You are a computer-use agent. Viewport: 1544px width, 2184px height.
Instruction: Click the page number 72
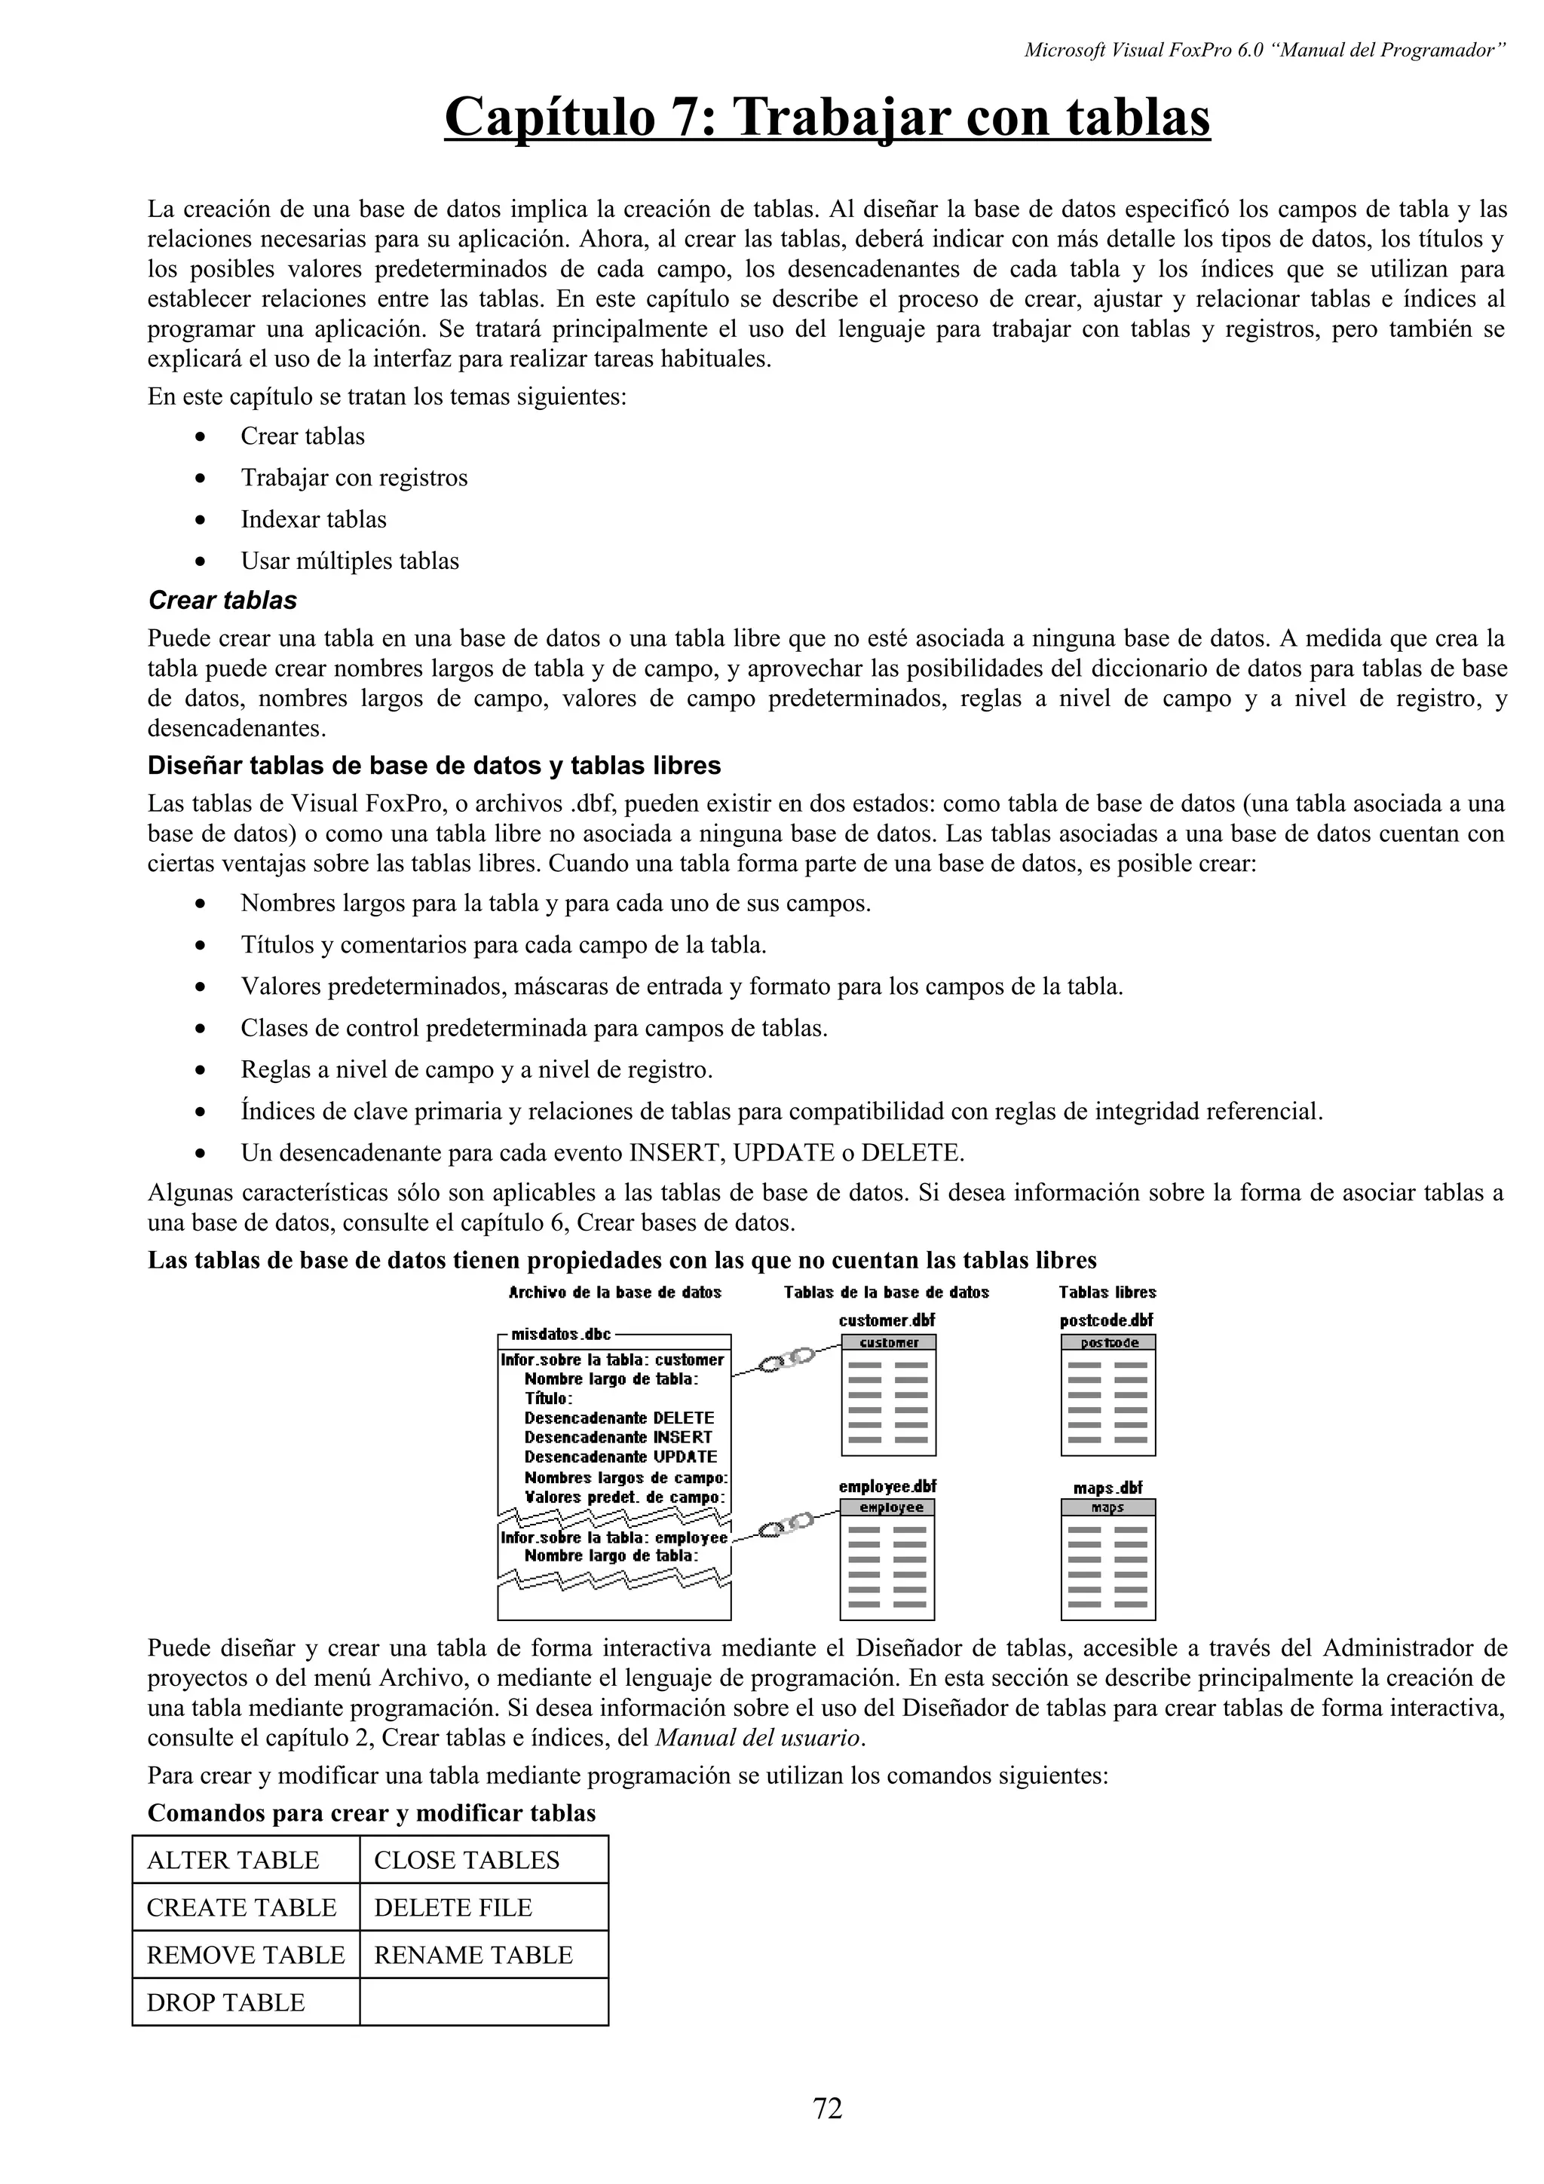point(828,2108)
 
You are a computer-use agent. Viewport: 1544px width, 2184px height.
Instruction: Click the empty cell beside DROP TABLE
point(483,2002)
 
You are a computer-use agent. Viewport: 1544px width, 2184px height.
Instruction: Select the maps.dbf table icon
point(1108,1559)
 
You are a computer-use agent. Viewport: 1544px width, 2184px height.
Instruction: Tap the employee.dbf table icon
point(887,1559)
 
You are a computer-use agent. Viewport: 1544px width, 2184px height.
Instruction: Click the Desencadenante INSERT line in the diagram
point(618,1437)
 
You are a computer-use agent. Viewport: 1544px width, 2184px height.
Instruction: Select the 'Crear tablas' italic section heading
point(222,600)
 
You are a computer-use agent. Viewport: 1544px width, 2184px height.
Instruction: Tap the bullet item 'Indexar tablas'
point(313,519)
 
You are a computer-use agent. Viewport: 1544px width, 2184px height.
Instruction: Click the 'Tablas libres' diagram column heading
point(1107,1292)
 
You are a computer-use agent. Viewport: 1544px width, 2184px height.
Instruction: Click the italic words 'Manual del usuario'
point(757,1737)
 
